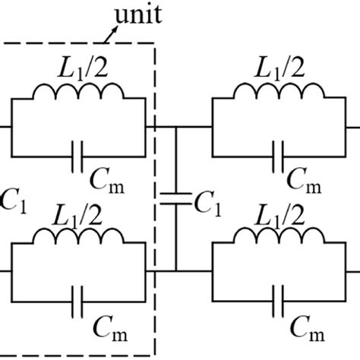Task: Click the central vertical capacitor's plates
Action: pos(175,199)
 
